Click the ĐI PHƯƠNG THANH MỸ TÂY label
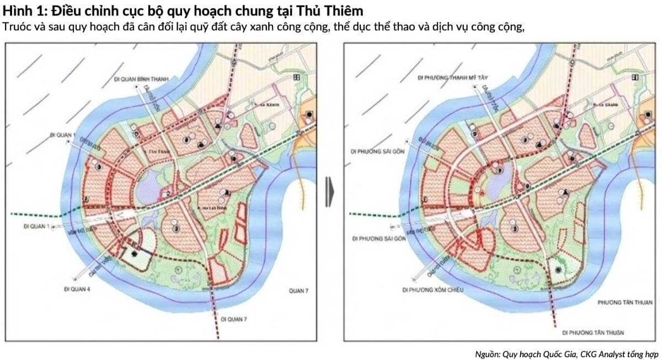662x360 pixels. click(x=453, y=78)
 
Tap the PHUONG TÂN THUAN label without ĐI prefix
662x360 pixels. click(x=626, y=302)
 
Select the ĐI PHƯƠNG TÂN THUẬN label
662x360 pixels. click(x=593, y=333)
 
